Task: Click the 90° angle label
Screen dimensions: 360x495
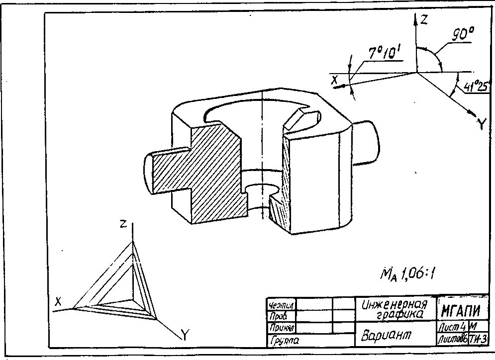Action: [x=463, y=35]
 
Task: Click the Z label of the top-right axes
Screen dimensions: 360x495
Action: [x=424, y=20]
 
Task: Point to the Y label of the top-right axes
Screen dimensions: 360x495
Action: [x=481, y=124]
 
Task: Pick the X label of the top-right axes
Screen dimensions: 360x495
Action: [x=335, y=79]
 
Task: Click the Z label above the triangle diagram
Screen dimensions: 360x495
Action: [x=122, y=224]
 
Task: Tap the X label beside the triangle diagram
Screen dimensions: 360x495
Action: [x=58, y=301]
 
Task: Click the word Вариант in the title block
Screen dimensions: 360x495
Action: [x=387, y=335]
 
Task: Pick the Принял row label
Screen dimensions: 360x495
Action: [x=282, y=328]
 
